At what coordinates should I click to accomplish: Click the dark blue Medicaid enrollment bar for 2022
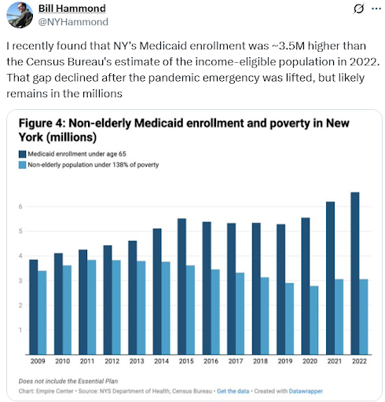tap(355, 273)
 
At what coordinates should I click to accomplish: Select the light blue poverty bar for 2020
tap(314, 320)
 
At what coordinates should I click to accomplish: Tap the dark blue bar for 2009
tap(33, 307)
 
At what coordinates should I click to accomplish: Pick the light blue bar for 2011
tap(91, 307)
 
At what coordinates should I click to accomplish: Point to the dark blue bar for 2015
tap(181, 287)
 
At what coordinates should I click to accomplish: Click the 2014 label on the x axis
tap(161, 361)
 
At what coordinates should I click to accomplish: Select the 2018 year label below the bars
tap(260, 361)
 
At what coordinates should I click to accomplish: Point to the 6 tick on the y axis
tap(20, 206)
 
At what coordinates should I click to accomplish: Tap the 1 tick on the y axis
tap(20, 330)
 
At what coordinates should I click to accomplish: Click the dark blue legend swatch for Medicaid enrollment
tap(22, 154)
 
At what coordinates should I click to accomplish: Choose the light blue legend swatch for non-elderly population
tap(22, 165)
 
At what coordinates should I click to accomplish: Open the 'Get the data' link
tap(233, 391)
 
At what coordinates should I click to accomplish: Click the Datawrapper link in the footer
tap(306, 391)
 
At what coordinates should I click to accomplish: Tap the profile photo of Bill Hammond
tap(20, 15)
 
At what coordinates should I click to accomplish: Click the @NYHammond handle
tap(73, 22)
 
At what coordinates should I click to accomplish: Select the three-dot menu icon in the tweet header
tap(376, 9)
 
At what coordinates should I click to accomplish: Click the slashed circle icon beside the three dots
tap(358, 9)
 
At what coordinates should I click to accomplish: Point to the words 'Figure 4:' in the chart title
tap(42, 123)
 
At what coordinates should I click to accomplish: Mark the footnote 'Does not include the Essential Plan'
tap(68, 381)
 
